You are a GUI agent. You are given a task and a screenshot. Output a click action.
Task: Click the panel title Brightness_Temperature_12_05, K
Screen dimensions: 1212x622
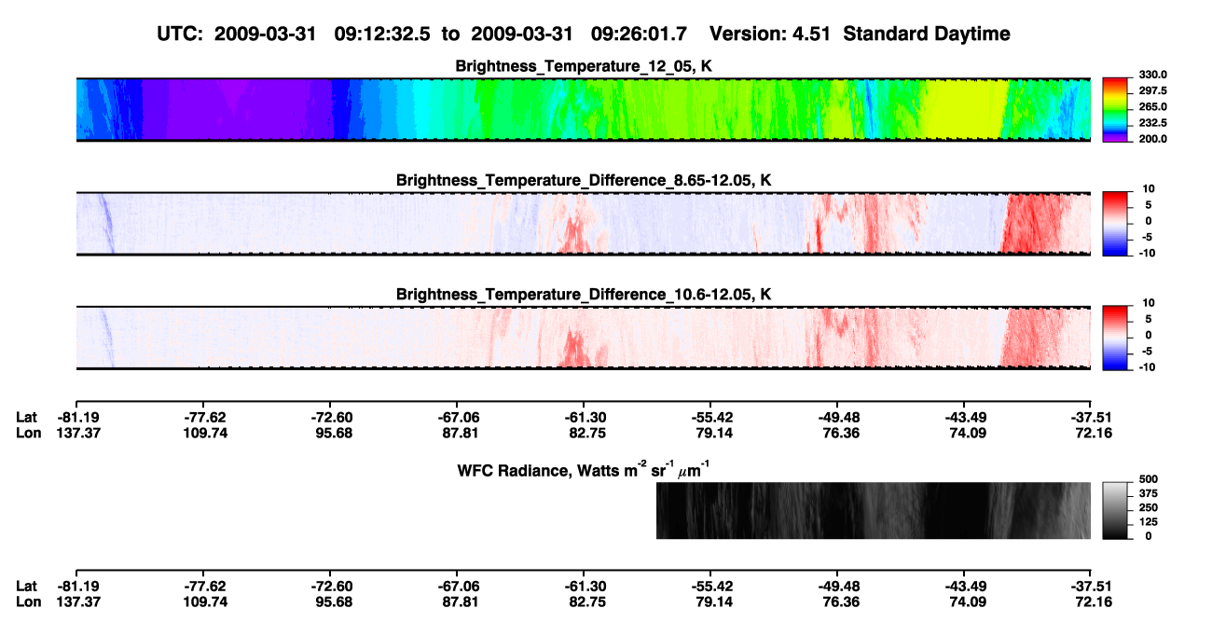(584, 66)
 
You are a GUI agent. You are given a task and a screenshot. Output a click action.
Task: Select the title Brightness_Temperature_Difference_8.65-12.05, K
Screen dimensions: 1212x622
(584, 180)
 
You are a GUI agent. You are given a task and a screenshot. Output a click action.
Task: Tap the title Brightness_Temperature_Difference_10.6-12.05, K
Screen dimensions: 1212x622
(584, 295)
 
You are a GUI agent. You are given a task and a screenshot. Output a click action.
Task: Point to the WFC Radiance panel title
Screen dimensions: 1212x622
(584, 469)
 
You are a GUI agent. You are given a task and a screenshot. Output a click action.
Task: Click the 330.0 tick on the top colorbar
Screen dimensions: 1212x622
(1152, 75)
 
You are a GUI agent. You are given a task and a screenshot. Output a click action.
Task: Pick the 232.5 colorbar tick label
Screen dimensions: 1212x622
(1152, 123)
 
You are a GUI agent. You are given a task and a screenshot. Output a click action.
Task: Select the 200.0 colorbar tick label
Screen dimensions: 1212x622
(1152, 139)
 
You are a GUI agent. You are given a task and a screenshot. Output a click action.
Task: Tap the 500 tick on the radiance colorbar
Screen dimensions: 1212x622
(1149, 479)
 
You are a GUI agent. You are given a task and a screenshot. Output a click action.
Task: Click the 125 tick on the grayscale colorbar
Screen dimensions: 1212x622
(1149, 522)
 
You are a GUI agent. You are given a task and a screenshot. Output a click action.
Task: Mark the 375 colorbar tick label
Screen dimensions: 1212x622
(1149, 493)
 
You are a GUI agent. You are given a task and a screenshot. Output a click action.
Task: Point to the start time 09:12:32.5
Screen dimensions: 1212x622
(382, 34)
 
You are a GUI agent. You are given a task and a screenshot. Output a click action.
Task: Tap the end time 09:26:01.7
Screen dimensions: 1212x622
(639, 34)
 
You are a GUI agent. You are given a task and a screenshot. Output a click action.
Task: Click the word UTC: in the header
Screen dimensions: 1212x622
(180, 34)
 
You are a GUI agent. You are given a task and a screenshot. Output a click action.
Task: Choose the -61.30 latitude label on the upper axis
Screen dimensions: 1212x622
(585, 418)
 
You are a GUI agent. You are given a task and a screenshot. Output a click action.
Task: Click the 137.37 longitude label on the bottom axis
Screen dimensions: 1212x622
(78, 602)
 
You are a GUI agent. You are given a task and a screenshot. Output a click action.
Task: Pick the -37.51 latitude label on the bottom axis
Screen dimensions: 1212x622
(1091, 587)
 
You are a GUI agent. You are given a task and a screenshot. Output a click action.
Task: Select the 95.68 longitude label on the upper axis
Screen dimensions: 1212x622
(334, 434)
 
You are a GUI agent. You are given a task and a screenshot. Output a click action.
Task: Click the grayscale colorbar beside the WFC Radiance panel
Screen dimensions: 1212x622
(1116, 510)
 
